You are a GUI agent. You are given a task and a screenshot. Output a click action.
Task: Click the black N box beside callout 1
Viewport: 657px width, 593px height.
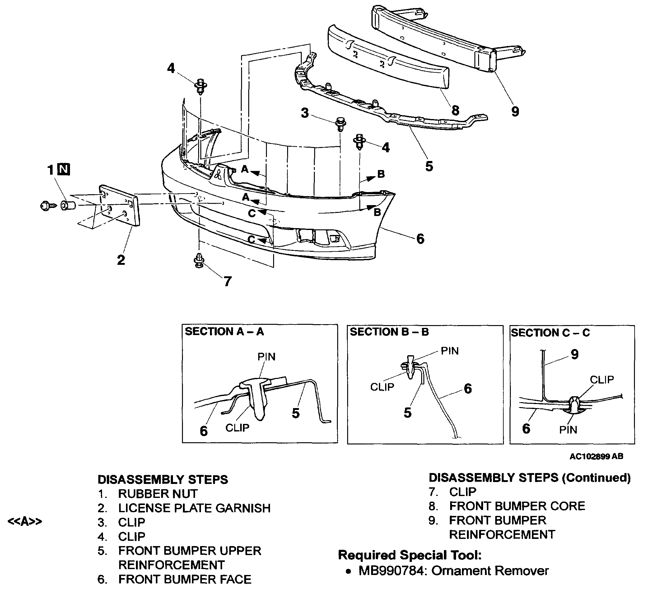pyautogui.click(x=63, y=169)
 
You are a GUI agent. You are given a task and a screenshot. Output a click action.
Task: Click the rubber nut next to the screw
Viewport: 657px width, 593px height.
pyautogui.click(x=68, y=206)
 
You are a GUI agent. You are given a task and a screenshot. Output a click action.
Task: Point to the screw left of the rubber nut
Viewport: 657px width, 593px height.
pyautogui.click(x=48, y=206)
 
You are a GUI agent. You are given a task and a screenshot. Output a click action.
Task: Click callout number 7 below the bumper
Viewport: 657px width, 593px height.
pyautogui.click(x=227, y=281)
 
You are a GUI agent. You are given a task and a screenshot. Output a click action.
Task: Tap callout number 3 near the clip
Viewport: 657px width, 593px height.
pyautogui.click(x=305, y=113)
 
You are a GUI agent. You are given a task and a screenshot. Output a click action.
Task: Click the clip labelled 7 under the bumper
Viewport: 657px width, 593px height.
pyautogui.click(x=199, y=261)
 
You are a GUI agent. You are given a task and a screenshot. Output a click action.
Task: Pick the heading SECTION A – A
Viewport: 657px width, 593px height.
pyautogui.click(x=224, y=332)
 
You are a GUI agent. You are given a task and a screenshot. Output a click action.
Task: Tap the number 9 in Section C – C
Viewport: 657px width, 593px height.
pyautogui.click(x=575, y=354)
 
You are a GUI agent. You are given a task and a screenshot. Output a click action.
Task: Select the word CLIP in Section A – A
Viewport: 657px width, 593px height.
pyautogui.click(x=237, y=428)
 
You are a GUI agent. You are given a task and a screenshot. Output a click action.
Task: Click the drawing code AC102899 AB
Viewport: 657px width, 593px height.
pyautogui.click(x=596, y=456)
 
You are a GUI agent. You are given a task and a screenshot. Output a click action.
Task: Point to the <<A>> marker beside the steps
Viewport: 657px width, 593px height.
pyautogui.click(x=25, y=521)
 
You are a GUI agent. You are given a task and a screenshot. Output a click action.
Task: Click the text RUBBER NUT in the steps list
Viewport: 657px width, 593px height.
pyautogui.click(x=158, y=494)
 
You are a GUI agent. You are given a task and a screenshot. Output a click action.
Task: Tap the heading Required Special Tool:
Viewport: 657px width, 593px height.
pyautogui.click(x=410, y=555)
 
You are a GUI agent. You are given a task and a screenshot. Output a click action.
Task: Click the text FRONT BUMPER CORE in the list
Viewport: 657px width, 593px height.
pyautogui.click(x=517, y=506)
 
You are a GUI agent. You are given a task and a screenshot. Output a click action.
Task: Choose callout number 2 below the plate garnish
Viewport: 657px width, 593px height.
pyautogui.click(x=121, y=260)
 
